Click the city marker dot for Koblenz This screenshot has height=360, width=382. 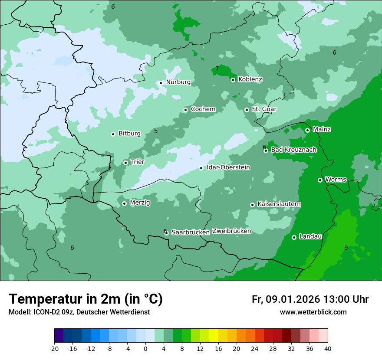tap(233, 80)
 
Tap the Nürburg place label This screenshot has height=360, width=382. tap(178, 82)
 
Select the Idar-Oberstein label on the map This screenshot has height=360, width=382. tap(228, 167)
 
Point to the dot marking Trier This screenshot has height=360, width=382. tap(125, 163)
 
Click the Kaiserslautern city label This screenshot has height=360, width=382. tap(279, 204)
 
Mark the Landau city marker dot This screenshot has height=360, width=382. tap(294, 237)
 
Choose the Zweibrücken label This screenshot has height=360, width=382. tap(231, 231)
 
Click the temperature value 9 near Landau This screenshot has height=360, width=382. tap(346, 248)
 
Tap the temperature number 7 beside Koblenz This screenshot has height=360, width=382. tap(217, 69)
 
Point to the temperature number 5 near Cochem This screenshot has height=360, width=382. tap(156, 131)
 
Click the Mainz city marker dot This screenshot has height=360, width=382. tap(307, 130)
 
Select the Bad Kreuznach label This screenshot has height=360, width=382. tap(293, 150)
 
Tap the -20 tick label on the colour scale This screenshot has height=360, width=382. tap(54, 348)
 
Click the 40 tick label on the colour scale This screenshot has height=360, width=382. tap(328, 348)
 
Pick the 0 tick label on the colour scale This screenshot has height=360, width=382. tap(145, 348)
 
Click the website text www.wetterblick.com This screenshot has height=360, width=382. tap(313, 312)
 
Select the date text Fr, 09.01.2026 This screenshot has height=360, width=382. tap(286, 299)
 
